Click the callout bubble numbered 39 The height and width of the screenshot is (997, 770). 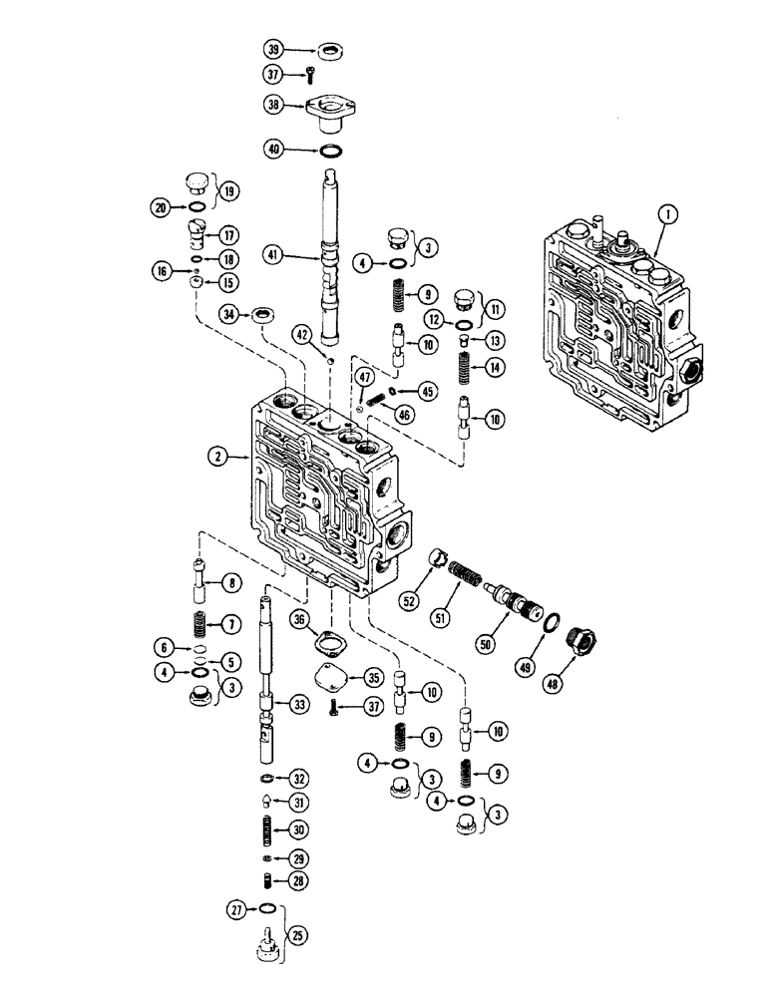click(273, 49)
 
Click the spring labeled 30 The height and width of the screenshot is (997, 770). click(269, 829)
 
